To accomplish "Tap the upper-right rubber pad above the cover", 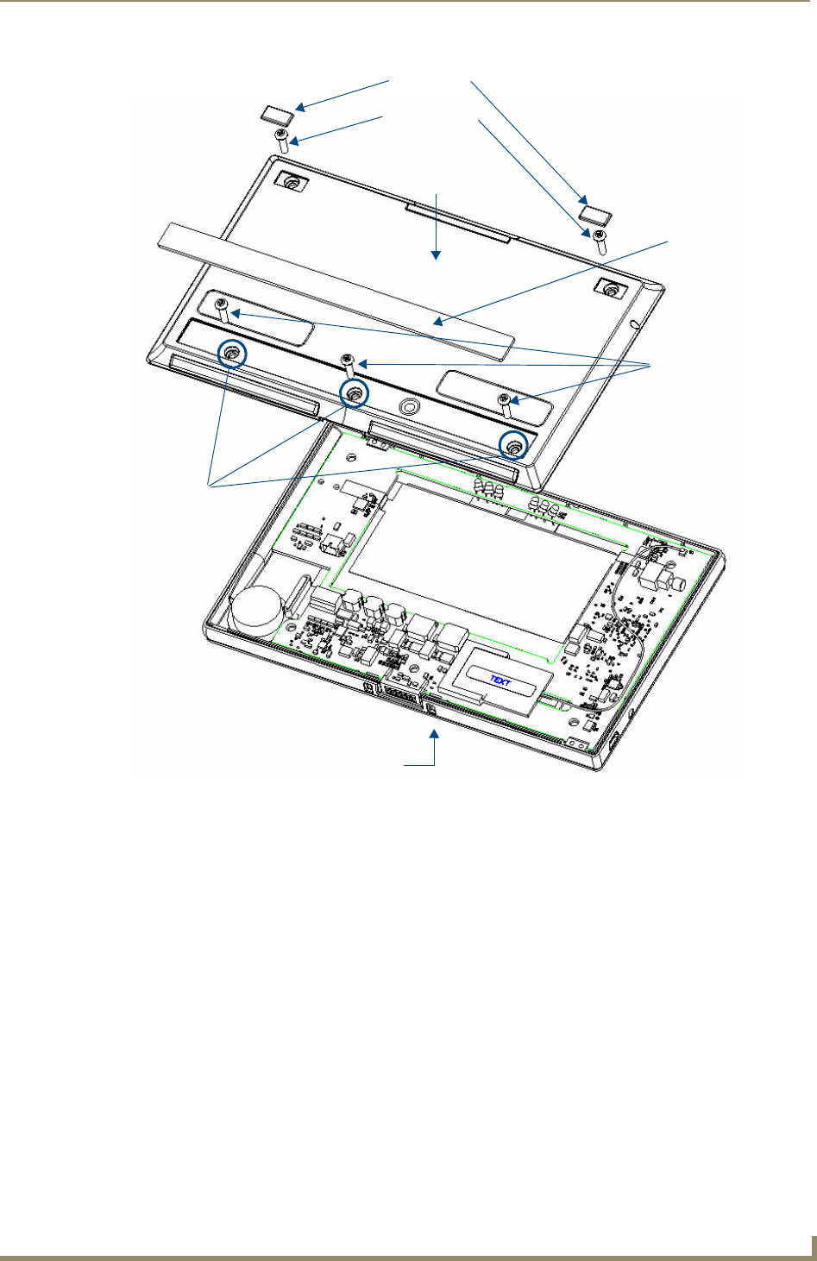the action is tap(596, 215).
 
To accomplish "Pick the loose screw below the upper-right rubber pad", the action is tap(600, 242).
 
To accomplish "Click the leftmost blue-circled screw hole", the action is tap(232, 354).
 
